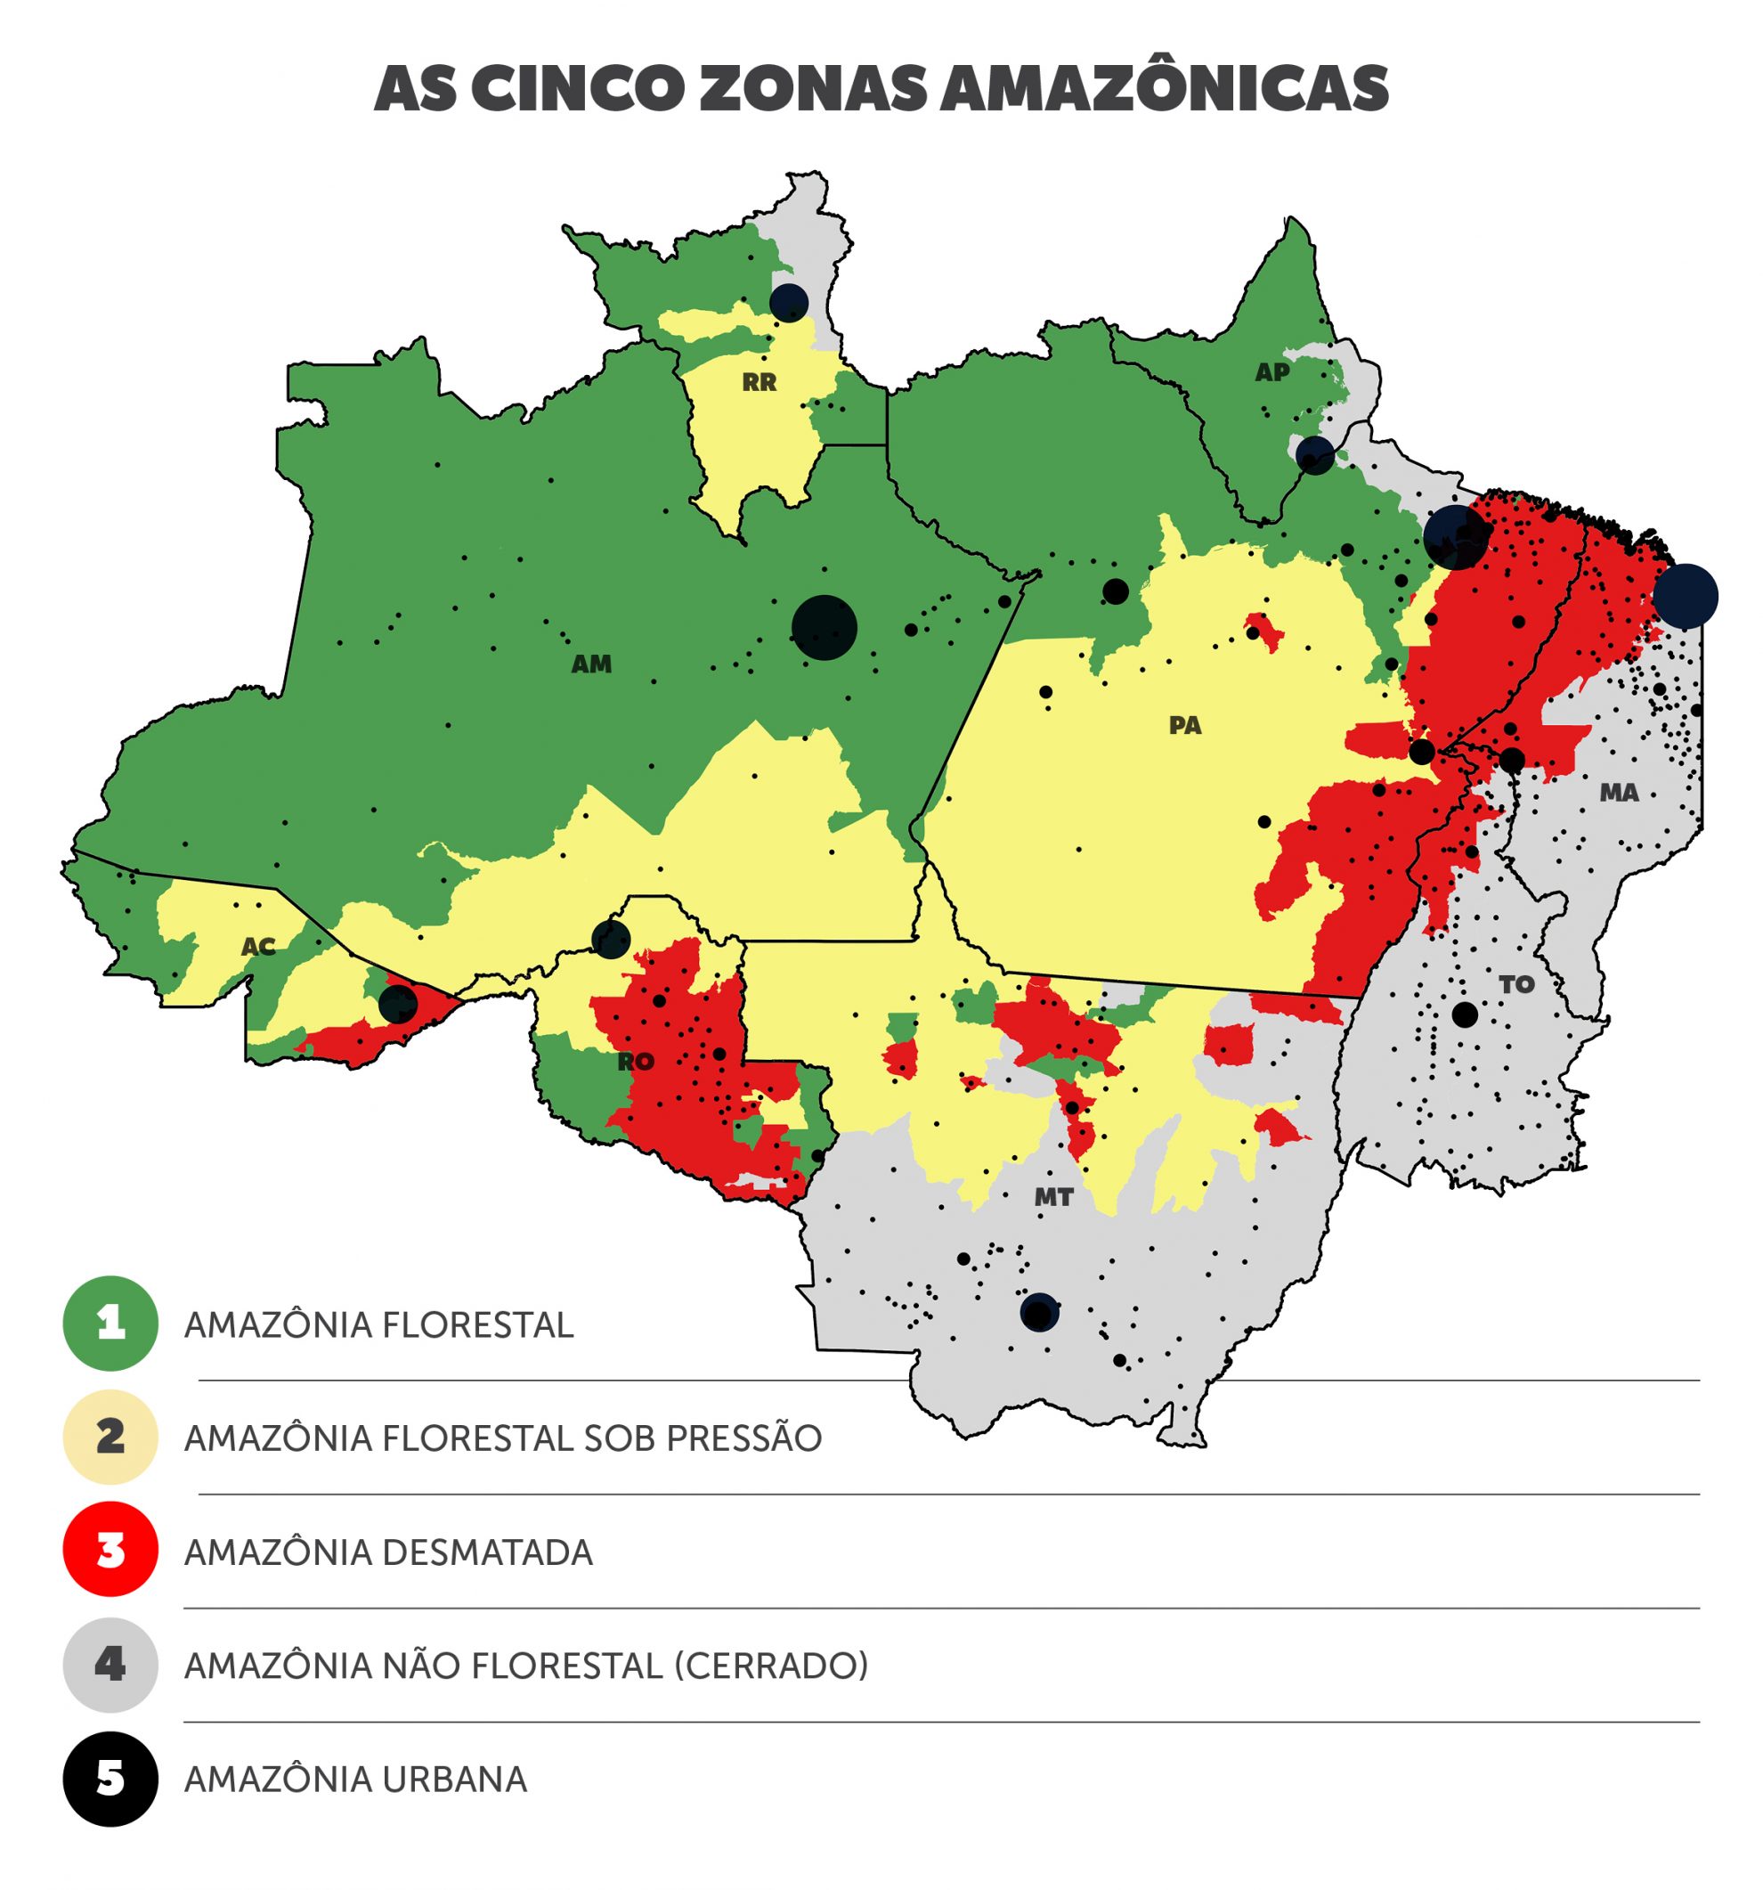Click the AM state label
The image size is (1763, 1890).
tap(590, 664)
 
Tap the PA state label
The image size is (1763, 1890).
tap(1184, 725)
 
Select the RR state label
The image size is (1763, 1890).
tap(759, 382)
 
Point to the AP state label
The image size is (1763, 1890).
tap(1271, 371)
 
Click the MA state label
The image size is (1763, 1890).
tap(1619, 792)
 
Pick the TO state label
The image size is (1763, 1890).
tap(1515, 984)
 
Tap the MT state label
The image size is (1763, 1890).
tap(1053, 1197)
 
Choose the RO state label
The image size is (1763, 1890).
tap(635, 1062)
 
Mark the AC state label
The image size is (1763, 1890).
tap(257, 946)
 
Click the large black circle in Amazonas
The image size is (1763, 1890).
tap(824, 627)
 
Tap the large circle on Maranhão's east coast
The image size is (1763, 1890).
tap(1685, 596)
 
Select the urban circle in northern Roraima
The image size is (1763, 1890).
tap(788, 302)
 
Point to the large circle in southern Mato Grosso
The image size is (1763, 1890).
tap(1039, 1312)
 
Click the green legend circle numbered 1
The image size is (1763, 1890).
tap(110, 1324)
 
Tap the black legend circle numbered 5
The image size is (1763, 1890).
tap(110, 1779)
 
